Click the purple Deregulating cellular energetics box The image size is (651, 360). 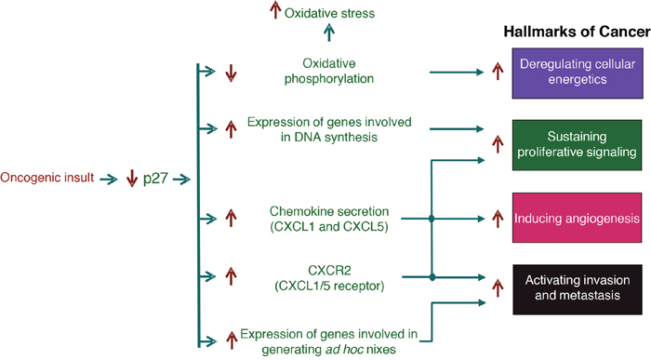(578, 73)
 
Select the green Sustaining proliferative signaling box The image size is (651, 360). (578, 145)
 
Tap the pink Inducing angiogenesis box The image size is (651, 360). (578, 218)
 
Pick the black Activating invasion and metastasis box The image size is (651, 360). (578, 289)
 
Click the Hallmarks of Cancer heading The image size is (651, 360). (578, 32)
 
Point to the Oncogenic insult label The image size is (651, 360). (47, 178)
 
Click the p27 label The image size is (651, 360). (155, 179)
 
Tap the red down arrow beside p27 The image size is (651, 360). (132, 178)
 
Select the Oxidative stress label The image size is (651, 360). (329, 13)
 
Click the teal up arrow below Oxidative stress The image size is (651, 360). (329, 33)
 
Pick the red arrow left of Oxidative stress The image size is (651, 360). (275, 10)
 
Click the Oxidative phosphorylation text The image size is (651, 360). (329, 71)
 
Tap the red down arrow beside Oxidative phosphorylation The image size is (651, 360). (231, 73)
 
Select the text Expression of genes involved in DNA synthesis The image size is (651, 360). (329, 129)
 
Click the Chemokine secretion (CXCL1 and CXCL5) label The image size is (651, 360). (329, 219)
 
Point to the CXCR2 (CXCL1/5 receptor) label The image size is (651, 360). (329, 278)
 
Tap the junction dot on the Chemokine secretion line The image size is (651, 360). (432, 219)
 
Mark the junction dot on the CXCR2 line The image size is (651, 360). (432, 277)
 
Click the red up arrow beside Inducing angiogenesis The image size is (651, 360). (498, 219)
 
